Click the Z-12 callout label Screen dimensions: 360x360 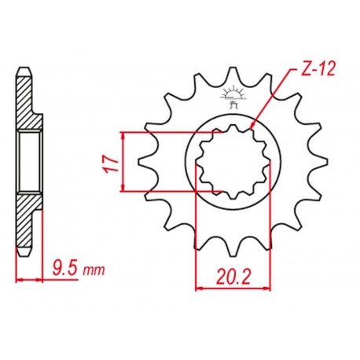coord(318,69)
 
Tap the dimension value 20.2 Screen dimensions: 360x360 coord(233,277)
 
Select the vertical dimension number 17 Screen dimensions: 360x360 coord(111,163)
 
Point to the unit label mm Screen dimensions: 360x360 coord(94,270)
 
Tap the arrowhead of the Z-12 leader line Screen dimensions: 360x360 coord(252,126)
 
